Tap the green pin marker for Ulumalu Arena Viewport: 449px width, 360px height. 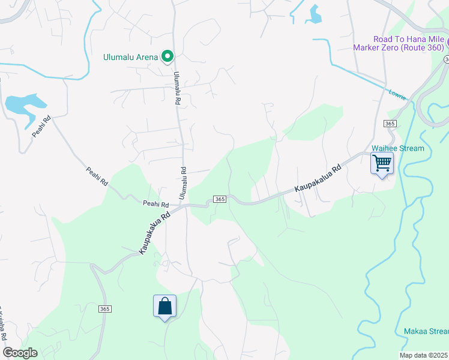click(168, 57)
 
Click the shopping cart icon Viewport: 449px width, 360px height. click(382, 163)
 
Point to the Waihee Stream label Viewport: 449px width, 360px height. click(397, 148)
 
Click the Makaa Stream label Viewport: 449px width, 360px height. click(423, 331)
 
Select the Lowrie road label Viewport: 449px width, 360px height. click(397, 94)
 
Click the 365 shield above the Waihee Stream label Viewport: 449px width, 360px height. click(390, 123)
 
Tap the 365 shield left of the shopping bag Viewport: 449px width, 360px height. click(105, 308)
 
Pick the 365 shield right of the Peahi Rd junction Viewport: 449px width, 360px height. click(219, 199)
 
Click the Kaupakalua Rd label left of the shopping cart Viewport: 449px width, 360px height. click(318, 179)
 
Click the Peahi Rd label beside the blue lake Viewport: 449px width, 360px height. click(42, 126)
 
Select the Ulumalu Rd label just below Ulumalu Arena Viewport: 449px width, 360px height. click(177, 89)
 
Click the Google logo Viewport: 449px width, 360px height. click(20, 353)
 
